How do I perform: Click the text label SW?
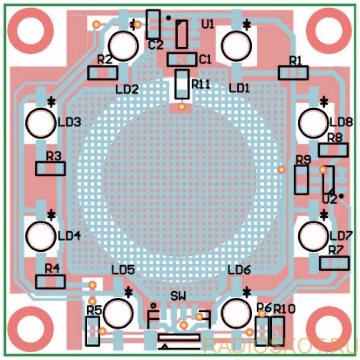(178, 297)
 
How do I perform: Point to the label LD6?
(239, 270)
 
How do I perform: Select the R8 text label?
(334, 138)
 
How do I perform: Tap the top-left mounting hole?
(30, 31)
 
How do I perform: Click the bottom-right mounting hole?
(329, 329)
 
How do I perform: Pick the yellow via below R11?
(182, 107)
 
